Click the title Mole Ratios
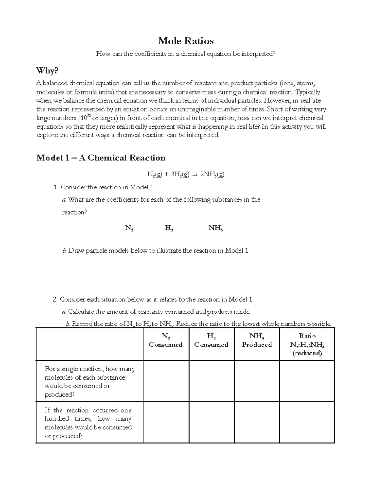point(186,41)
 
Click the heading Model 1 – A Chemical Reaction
point(101,158)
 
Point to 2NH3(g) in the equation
point(212,175)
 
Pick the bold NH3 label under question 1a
point(216,228)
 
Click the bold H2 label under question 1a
point(169,228)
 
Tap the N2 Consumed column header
point(166,341)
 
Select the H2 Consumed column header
point(211,341)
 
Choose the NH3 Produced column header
point(257,341)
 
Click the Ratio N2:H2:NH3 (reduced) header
point(307,345)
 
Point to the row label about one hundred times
point(88,423)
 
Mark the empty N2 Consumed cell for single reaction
point(166,381)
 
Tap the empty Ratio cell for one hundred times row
point(307,422)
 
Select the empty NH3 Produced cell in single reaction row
point(257,381)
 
